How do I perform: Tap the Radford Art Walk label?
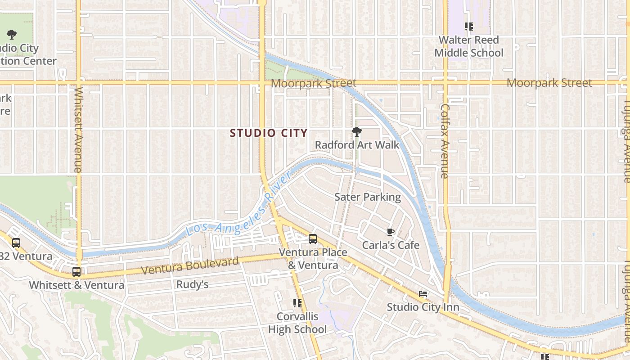[x=357, y=145]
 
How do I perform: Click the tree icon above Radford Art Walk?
[x=357, y=132]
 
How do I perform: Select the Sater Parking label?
[x=367, y=197]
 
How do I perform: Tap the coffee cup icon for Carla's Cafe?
[x=391, y=232]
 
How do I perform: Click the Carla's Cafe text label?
[x=391, y=245]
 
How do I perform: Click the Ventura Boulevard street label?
[x=190, y=265]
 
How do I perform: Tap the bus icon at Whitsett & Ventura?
[x=76, y=272]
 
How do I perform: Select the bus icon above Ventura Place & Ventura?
[x=313, y=239]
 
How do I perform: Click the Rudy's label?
[x=192, y=284]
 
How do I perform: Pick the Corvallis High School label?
[x=297, y=323]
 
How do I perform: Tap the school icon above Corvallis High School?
[x=297, y=303]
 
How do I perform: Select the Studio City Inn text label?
[x=423, y=307]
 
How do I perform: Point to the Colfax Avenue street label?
[x=445, y=141]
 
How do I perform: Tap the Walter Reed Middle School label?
[x=468, y=46]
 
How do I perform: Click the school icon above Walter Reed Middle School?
[x=469, y=27]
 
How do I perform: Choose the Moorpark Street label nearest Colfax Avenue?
[x=549, y=83]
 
